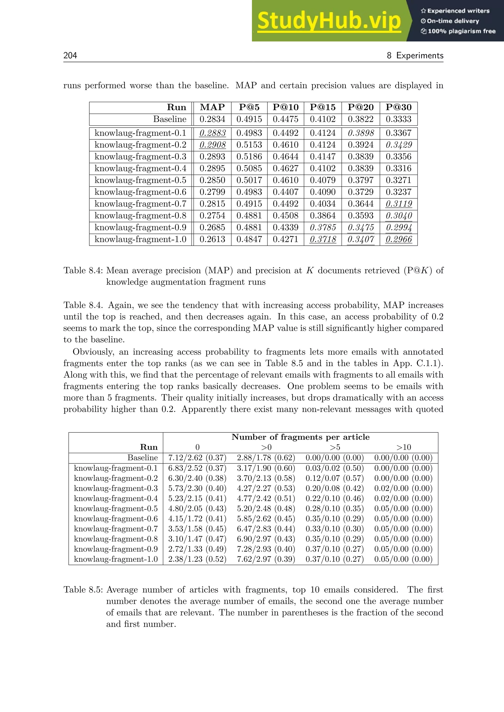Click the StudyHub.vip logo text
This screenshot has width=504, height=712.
[x=329, y=21]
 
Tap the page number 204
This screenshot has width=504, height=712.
[x=70, y=56]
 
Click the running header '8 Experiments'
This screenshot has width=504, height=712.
[x=415, y=56]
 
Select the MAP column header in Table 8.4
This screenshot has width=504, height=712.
[x=212, y=107]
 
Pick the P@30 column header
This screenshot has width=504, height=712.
[x=398, y=107]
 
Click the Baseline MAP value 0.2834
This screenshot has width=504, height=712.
[x=212, y=119]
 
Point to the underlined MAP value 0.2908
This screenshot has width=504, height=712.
[x=212, y=145]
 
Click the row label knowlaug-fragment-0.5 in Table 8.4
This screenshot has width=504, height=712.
[x=140, y=180]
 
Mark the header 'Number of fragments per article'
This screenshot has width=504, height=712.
[x=300, y=437]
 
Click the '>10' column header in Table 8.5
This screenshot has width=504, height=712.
[x=403, y=447]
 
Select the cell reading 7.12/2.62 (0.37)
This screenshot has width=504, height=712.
[x=197, y=458]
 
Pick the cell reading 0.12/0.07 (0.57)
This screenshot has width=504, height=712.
[x=334, y=478]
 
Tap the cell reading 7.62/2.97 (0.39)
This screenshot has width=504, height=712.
[x=266, y=559]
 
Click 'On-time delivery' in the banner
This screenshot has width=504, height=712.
[x=453, y=21]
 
